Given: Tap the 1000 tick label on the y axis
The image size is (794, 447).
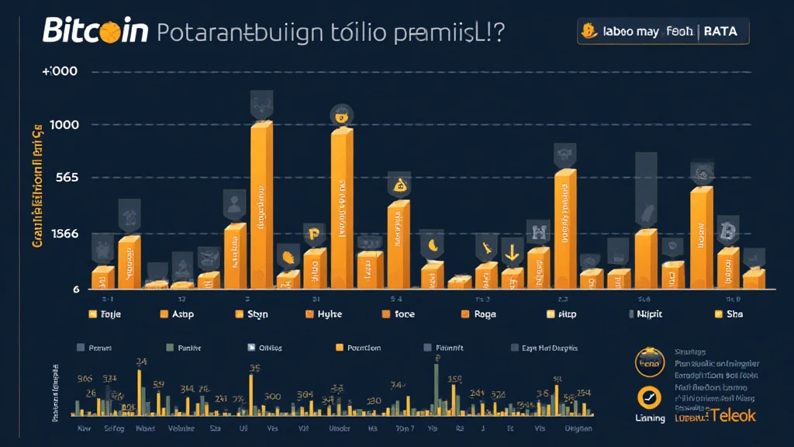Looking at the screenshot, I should pyautogui.click(x=66, y=125).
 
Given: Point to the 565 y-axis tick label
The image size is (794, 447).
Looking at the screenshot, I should pyautogui.click(x=67, y=178).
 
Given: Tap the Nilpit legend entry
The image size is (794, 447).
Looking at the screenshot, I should pyautogui.click(x=648, y=315).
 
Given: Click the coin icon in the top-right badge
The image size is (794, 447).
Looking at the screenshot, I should pyautogui.click(x=589, y=31).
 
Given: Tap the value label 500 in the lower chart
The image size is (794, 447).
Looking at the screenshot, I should pyautogui.click(x=272, y=396).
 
